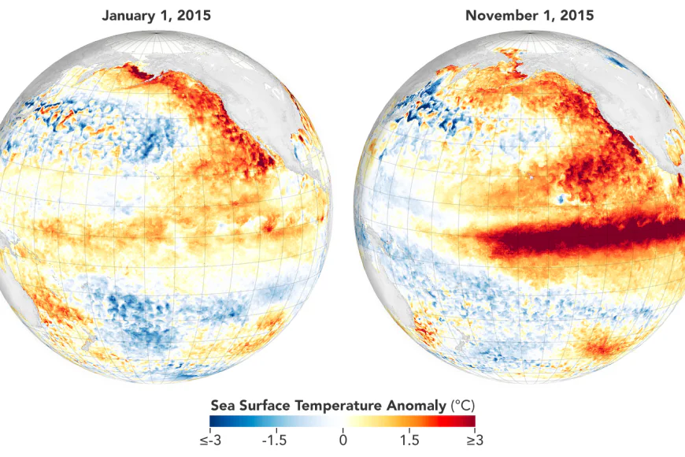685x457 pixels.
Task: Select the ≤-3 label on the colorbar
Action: (x=210, y=440)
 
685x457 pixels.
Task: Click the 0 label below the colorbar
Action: (x=342, y=440)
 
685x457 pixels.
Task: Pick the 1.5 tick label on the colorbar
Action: (x=409, y=440)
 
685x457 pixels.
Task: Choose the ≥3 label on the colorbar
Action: (x=473, y=440)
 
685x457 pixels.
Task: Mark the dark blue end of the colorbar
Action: (x=213, y=422)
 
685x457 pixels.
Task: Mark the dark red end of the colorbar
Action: (x=471, y=422)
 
